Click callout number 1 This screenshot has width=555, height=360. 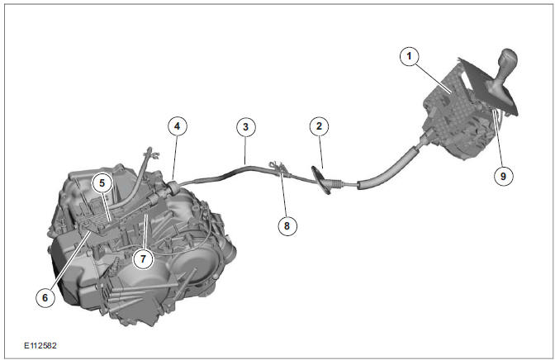[x=406, y=56]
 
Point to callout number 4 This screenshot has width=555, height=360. [x=176, y=126]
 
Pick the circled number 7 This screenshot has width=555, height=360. [x=142, y=258]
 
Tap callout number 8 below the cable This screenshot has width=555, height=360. [x=287, y=224]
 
